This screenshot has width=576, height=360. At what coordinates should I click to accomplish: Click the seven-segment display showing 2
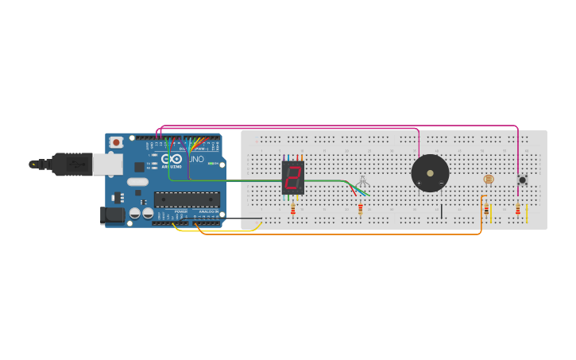[x=292, y=177]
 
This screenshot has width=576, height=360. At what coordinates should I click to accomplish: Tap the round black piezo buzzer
[x=430, y=172]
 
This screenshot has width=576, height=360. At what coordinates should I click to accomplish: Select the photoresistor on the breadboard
[x=488, y=180]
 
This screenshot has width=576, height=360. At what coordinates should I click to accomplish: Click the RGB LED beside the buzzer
[x=362, y=182]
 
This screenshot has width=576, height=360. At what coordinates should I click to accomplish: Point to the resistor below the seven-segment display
[x=292, y=209]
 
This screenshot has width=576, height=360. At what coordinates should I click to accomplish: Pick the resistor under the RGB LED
[x=360, y=209]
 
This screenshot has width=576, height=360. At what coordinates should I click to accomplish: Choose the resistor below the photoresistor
[x=486, y=210]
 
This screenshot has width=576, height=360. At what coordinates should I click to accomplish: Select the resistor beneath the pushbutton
[x=518, y=210]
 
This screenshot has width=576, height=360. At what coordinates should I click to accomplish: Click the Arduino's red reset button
[x=116, y=142]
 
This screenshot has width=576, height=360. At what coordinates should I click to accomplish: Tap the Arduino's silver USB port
[x=107, y=165]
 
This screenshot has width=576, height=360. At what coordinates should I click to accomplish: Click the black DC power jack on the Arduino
[x=110, y=215]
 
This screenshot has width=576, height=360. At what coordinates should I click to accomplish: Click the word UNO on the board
[x=196, y=160]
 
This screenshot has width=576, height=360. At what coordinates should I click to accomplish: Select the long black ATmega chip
[x=187, y=199]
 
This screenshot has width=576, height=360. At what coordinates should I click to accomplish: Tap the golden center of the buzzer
[x=430, y=172]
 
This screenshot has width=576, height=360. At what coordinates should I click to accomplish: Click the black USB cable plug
[x=72, y=164]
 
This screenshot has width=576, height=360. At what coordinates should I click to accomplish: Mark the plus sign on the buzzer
[x=419, y=184]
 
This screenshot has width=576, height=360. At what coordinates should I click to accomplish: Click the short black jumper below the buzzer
[x=442, y=211]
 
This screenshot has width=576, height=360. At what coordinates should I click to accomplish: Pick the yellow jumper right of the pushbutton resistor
[x=524, y=212]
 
